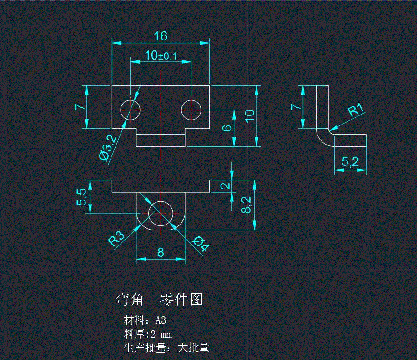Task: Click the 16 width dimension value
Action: (x=161, y=36)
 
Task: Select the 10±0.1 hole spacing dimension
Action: (x=161, y=55)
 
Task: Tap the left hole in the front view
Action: (x=131, y=109)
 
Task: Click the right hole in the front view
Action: (x=191, y=109)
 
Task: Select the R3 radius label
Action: (x=116, y=238)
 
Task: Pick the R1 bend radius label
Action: (x=357, y=110)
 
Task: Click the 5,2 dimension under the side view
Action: (x=350, y=161)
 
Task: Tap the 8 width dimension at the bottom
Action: (x=161, y=252)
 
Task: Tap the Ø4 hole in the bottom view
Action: (x=161, y=213)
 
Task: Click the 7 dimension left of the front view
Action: (x=80, y=107)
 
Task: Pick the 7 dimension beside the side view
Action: (x=296, y=107)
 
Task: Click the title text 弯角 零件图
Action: (x=160, y=299)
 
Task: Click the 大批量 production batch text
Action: (x=193, y=348)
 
